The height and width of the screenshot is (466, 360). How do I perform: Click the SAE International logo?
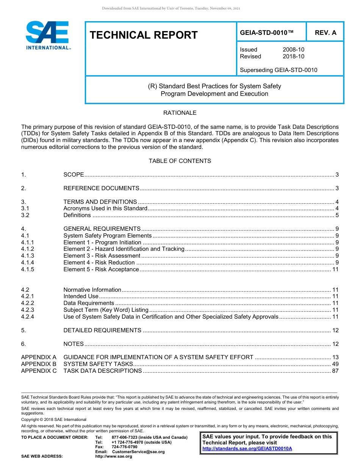tap(47, 35)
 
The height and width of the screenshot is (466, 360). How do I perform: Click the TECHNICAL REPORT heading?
tap(144, 35)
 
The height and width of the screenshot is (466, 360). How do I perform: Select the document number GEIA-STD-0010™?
tap(267, 33)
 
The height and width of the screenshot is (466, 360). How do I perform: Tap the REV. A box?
tap(326, 33)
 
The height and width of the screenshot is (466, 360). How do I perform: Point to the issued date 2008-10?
tap(293, 50)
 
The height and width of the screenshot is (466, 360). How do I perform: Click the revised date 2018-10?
tap(293, 56)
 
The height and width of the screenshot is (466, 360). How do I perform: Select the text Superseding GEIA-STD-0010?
tap(279, 70)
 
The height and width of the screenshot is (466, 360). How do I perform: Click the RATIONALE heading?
tap(180, 113)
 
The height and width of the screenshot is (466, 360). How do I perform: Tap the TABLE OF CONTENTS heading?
tap(180, 161)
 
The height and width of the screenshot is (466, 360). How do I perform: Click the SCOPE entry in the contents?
tap(74, 175)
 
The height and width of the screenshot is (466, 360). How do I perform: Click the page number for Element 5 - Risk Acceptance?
tap(335, 269)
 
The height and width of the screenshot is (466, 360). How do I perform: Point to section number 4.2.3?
tap(28, 310)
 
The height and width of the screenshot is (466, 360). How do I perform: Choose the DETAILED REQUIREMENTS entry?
tap(102, 330)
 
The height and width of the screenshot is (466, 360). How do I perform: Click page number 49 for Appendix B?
tap(335, 364)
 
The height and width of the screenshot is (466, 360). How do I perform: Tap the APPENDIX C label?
tap(39, 371)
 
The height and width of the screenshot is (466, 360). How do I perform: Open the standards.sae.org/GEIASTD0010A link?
tap(247, 449)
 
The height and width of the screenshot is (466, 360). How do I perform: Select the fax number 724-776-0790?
tap(124, 447)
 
